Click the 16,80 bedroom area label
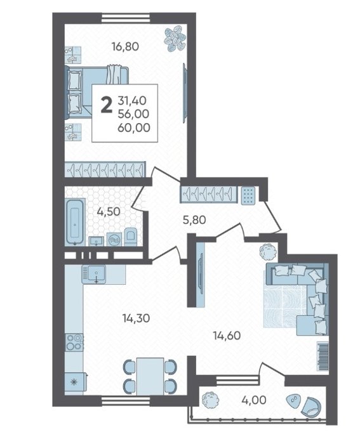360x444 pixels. pyautogui.click(x=125, y=46)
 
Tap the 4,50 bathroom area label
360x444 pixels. pyautogui.click(x=109, y=211)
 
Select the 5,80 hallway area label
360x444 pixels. pyautogui.click(x=194, y=219)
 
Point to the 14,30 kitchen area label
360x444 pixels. pyautogui.click(x=136, y=318)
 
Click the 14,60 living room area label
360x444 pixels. pyautogui.click(x=227, y=336)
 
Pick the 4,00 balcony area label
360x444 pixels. pyautogui.click(x=254, y=400)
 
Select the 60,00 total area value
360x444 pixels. pyautogui.click(x=134, y=127)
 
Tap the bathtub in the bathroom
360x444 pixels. pyautogui.click(x=75, y=221)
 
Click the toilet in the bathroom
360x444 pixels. pyautogui.click(x=130, y=237)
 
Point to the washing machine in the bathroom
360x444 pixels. pyautogui.click(x=114, y=239)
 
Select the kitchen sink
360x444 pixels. pyautogui.click(x=94, y=274)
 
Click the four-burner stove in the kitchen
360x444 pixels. pyautogui.click(x=74, y=342)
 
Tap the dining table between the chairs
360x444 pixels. pyautogui.click(x=150, y=376)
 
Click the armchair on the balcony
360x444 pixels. pyautogui.click(x=311, y=407)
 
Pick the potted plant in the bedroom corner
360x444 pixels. pyautogui.click(x=175, y=39)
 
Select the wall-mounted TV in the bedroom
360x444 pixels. pyautogui.click(x=185, y=93)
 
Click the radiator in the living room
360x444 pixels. pyautogui.click(x=323, y=356)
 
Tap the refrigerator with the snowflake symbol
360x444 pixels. pyautogui.click(x=75, y=383)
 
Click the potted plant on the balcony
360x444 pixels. pyautogui.click(x=211, y=400)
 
